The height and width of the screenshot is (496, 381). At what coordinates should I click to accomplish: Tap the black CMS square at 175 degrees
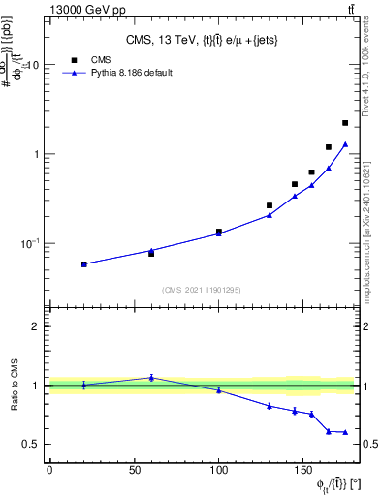click(x=345, y=123)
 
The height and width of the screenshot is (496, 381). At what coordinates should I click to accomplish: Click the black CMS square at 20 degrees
click(x=83, y=263)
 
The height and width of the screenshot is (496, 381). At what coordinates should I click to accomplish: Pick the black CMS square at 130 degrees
click(x=270, y=205)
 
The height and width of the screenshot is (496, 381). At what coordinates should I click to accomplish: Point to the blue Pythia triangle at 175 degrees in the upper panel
click(x=345, y=144)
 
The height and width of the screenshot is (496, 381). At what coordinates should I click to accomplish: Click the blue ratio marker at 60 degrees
click(x=151, y=378)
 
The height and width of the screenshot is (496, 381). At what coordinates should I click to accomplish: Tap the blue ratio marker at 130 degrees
click(x=270, y=406)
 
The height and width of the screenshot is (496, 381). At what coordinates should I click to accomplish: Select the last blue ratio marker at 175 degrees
click(x=345, y=432)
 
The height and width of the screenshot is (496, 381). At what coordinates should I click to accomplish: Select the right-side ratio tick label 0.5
click(x=369, y=445)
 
